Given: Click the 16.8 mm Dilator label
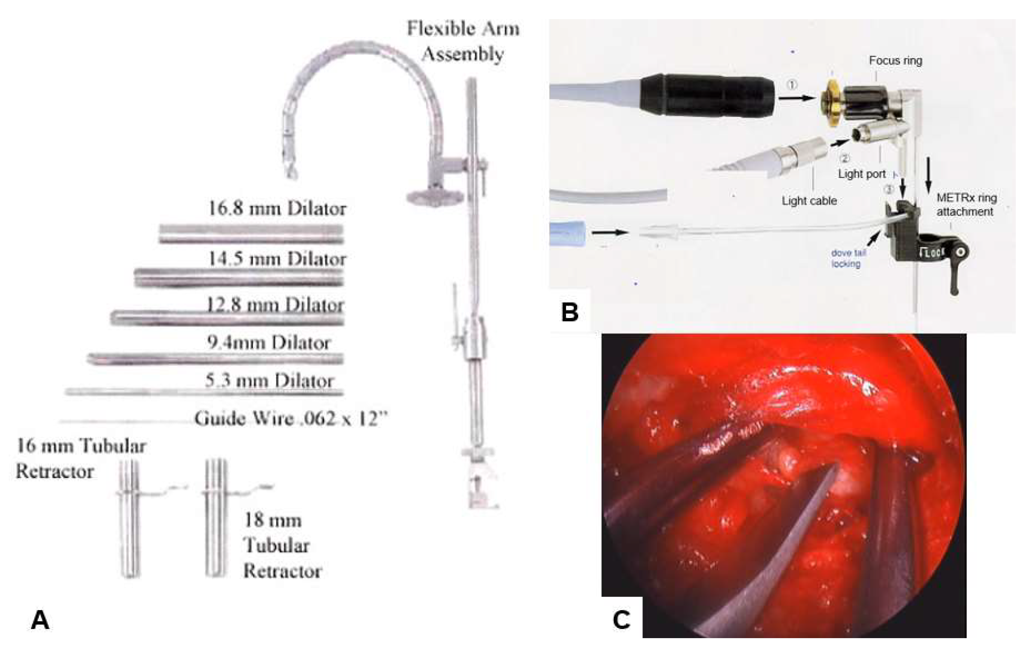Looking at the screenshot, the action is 277,209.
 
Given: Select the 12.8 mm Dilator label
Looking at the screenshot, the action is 275,305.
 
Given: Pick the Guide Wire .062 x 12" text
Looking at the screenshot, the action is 291,419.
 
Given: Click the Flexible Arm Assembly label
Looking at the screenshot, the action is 463,42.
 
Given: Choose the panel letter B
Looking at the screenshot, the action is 570,312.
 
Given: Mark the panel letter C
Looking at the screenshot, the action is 621,620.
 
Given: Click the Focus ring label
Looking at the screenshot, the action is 895,61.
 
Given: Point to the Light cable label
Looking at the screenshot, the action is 809,201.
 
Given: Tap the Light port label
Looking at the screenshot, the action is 862,174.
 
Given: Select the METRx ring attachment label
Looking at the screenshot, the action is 966,204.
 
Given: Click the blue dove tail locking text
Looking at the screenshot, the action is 848,258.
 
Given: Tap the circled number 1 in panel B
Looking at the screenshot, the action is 791,85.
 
